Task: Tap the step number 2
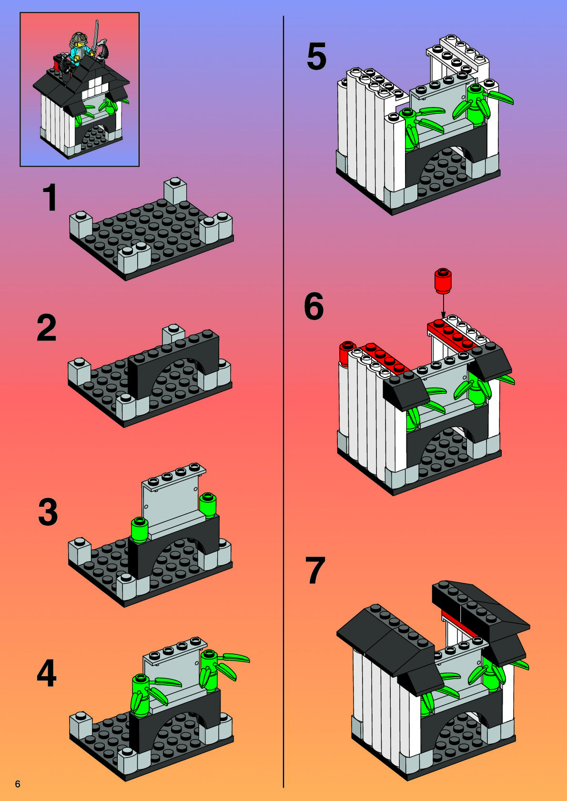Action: [47, 328]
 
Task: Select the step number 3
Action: [48, 512]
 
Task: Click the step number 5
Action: [316, 57]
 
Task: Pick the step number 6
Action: [314, 307]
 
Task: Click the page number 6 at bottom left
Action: [18, 784]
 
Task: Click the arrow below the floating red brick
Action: [443, 306]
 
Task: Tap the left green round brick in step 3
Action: [139, 530]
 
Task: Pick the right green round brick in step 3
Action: [208, 505]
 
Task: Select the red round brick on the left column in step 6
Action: [347, 353]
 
